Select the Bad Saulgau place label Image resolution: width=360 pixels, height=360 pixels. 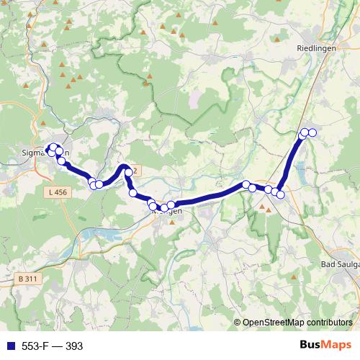[338, 265]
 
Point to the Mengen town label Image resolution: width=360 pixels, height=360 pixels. [167, 211]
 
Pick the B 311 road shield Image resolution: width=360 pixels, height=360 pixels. [28, 278]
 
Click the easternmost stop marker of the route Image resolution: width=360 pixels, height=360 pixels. [312, 132]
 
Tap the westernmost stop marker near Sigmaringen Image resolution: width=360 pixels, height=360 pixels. [50, 150]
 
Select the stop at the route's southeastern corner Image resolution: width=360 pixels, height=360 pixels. [281, 194]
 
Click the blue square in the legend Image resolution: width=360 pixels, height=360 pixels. [7, 346]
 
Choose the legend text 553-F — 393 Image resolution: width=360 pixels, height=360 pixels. [53, 346]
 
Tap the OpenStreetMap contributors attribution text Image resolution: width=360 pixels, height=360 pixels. [297, 323]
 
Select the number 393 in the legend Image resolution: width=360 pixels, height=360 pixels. [74, 346]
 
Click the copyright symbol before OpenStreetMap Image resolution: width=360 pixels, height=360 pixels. [238, 323]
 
